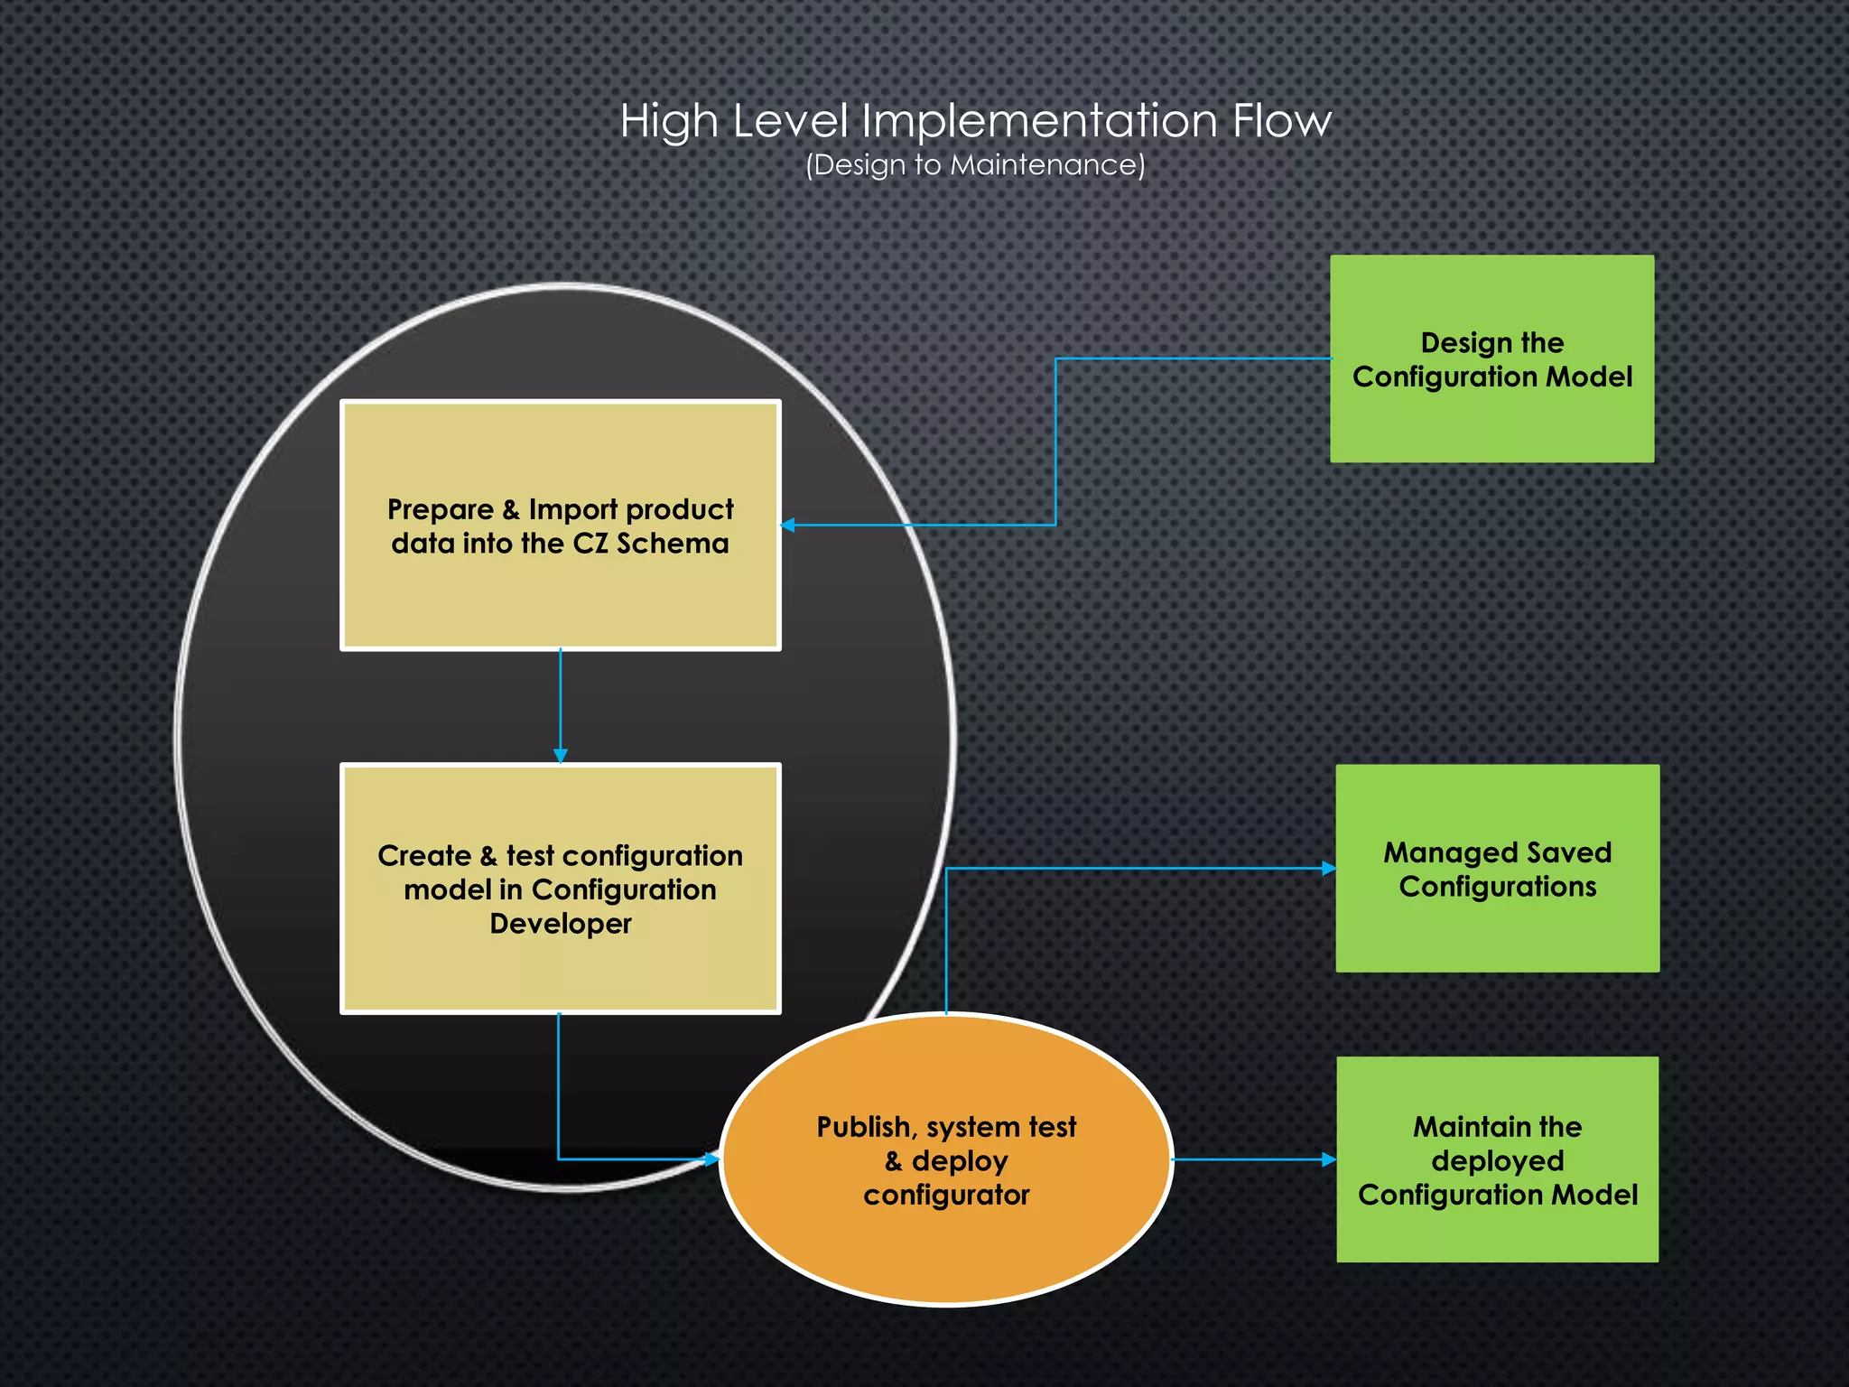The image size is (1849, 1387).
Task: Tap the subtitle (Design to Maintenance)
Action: [x=975, y=165]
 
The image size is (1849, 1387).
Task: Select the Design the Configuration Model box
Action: [x=1491, y=359]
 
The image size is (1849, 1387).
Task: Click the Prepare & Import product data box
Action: [x=560, y=526]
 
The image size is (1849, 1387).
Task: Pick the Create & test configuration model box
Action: [x=560, y=889]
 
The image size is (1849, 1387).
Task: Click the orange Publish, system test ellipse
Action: [x=946, y=1159]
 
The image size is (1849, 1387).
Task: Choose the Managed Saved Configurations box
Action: [x=1497, y=869]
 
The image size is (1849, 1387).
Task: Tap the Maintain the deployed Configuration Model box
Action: [x=1497, y=1159]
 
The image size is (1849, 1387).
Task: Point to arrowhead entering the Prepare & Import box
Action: [x=787, y=525]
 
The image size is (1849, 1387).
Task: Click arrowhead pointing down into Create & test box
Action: [x=560, y=756]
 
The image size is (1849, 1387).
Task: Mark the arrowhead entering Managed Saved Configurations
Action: [x=1329, y=868]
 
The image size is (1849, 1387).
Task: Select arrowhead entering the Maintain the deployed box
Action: [x=1329, y=1159]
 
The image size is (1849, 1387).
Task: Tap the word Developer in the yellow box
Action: [x=560, y=924]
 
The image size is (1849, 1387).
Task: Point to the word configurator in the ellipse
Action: [x=946, y=1196]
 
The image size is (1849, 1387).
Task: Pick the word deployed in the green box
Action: [x=1497, y=1161]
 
